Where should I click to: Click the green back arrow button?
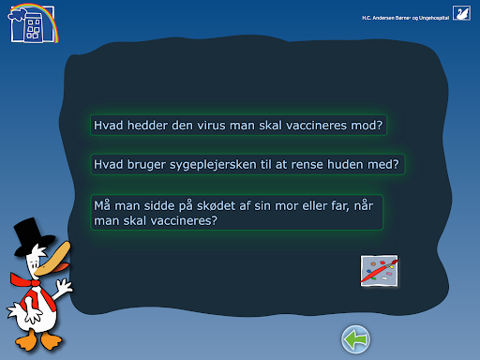click(x=355, y=339)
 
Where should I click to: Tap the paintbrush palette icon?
click(x=379, y=271)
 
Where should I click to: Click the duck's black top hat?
click(x=32, y=236)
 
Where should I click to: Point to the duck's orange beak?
click(x=52, y=259)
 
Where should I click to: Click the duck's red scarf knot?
click(x=35, y=283)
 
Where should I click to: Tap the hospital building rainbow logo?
click(x=33, y=23)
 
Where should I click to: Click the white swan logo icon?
click(x=461, y=13)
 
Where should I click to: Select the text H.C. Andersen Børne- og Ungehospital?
click(x=406, y=18)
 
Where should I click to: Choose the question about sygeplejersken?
click(x=247, y=164)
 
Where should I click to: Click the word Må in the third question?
click(x=102, y=205)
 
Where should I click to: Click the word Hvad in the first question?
click(x=109, y=126)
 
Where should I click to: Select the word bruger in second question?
click(x=146, y=165)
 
